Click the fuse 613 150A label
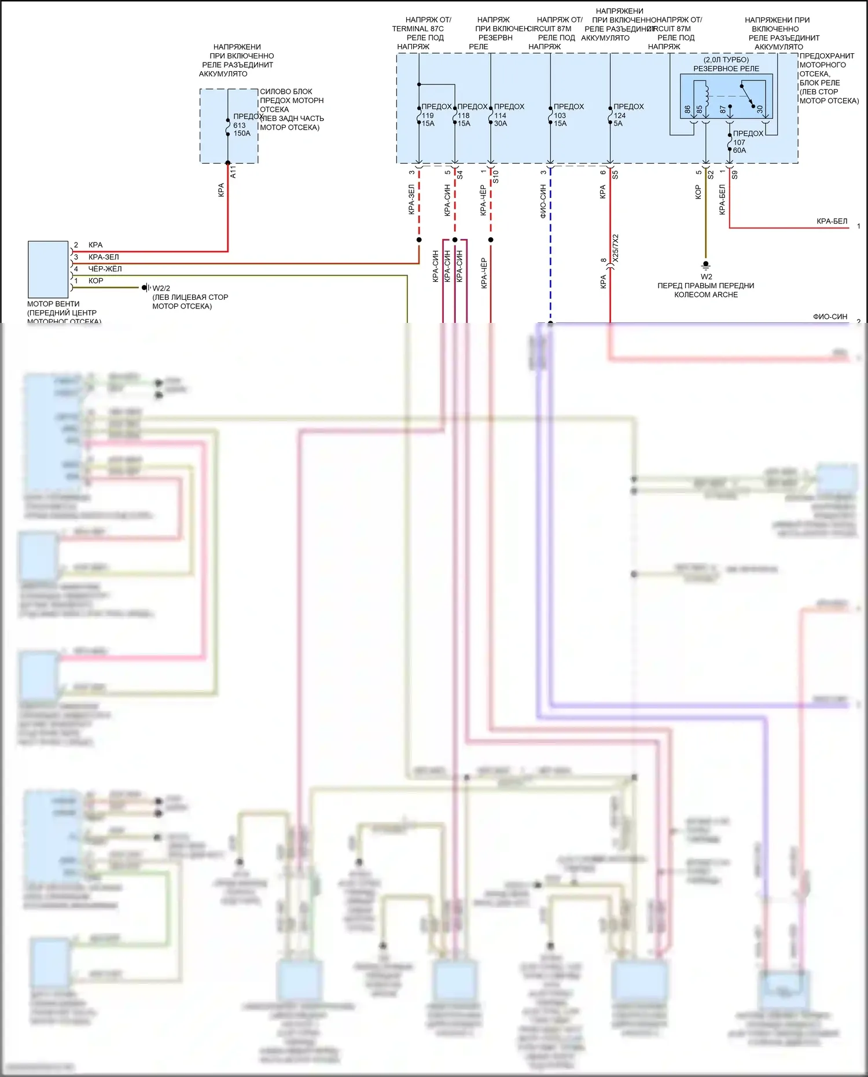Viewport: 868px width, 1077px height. (241, 129)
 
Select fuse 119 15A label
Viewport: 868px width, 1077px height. (428, 119)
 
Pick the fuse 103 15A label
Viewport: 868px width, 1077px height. (560, 119)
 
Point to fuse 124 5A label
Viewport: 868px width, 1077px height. (619, 119)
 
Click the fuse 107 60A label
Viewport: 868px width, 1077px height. (740, 146)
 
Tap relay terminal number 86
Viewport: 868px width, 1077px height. (687, 109)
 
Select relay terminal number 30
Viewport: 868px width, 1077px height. (760, 109)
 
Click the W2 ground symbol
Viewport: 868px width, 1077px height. (705, 264)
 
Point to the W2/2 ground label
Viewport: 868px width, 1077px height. (161, 288)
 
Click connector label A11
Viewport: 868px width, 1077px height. (233, 172)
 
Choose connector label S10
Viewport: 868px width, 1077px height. (495, 177)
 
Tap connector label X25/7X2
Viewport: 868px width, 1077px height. (616, 248)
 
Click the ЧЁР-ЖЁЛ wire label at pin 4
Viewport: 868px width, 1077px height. (105, 269)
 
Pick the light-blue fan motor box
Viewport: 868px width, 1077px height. (48, 270)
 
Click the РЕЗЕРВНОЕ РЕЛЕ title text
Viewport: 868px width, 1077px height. (726, 69)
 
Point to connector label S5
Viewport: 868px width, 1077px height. (615, 174)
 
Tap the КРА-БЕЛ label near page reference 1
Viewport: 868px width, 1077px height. (832, 222)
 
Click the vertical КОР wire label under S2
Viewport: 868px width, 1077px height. (698, 192)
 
